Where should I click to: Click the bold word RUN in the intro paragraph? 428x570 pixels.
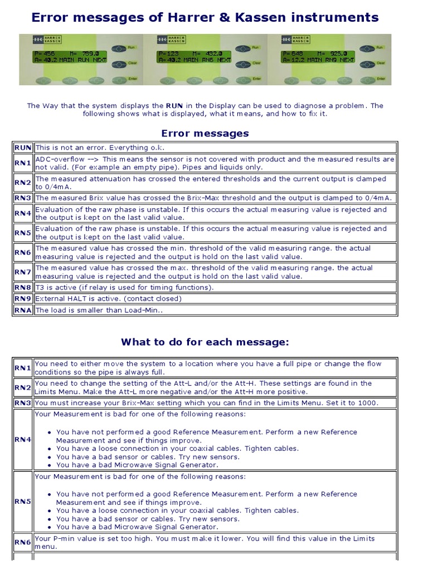[x=174, y=105]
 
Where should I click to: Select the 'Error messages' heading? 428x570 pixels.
[x=205, y=134]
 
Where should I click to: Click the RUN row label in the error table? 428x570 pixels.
[x=23, y=148]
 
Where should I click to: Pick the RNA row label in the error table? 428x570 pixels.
[x=23, y=311]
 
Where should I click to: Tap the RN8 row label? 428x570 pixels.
[x=23, y=288]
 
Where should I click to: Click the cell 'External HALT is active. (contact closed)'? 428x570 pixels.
[x=108, y=299]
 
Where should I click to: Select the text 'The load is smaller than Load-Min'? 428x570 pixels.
[x=98, y=311]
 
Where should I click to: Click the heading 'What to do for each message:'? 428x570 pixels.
[x=205, y=342]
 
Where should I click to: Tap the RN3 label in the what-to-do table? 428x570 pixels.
[x=23, y=403]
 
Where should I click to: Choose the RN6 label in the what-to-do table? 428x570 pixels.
[x=23, y=542]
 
